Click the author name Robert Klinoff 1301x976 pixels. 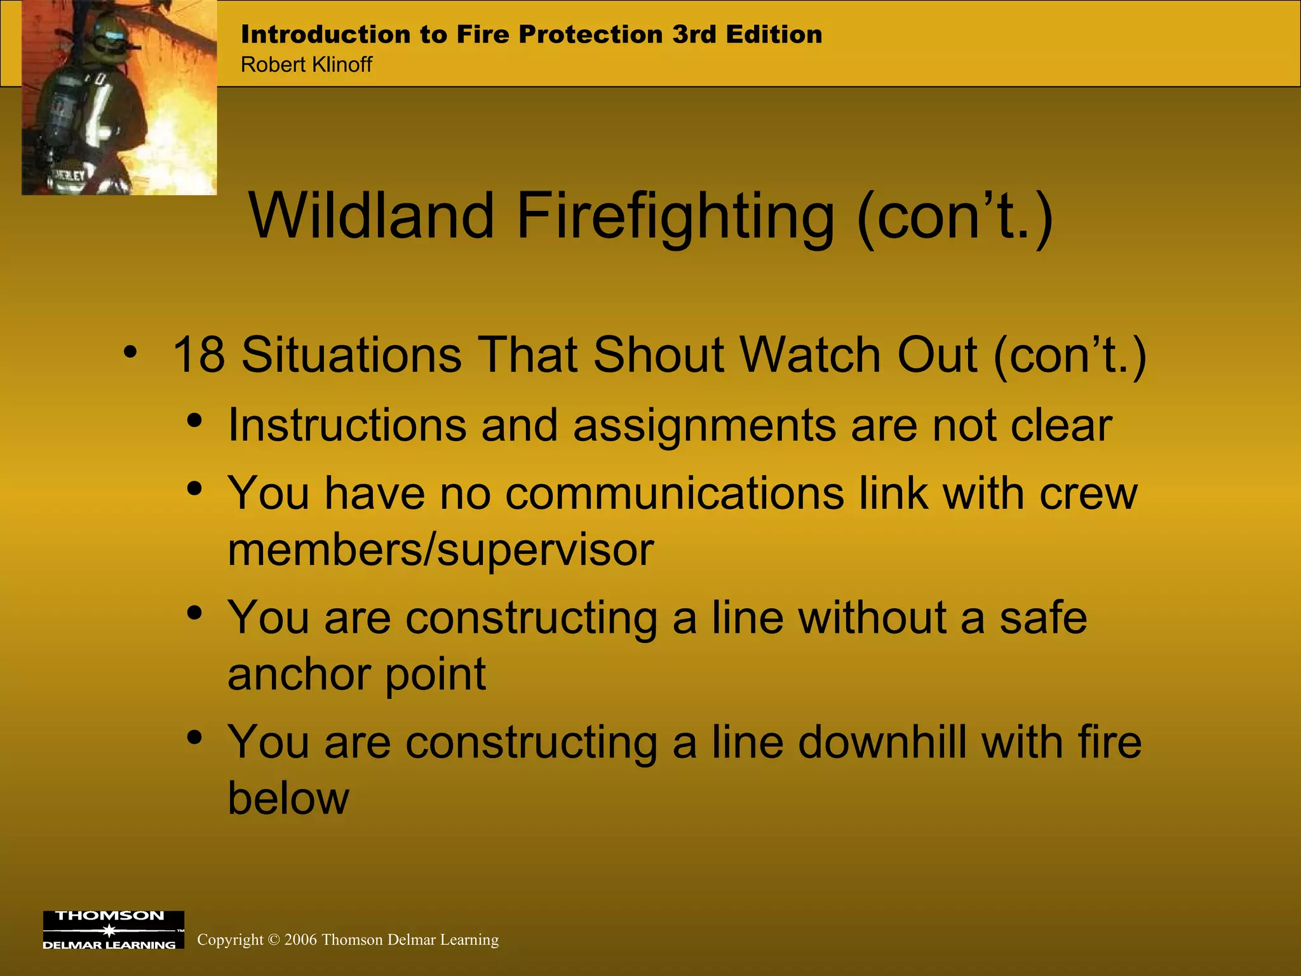click(x=306, y=65)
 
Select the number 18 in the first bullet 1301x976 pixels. click(x=198, y=355)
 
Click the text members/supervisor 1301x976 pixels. click(x=440, y=550)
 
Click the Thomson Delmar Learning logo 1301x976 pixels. click(x=113, y=930)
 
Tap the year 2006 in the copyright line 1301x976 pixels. click(x=301, y=940)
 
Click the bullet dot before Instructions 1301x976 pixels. click(x=195, y=421)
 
